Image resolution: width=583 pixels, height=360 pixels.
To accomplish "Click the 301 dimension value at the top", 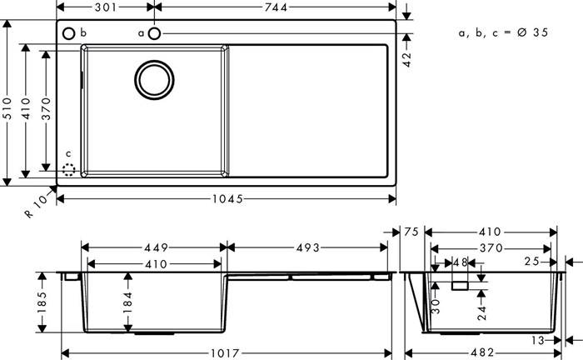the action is click(106, 7).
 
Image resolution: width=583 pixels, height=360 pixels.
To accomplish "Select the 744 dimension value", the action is click(276, 7).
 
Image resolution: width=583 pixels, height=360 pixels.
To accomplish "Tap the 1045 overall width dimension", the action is click(227, 199).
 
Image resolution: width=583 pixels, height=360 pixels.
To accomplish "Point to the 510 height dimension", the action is click(7, 108).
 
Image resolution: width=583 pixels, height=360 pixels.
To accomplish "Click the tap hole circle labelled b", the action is click(69, 33).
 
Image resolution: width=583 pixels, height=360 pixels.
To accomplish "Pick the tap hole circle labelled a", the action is click(154, 33).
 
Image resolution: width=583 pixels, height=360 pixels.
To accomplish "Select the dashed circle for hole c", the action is click(69, 170).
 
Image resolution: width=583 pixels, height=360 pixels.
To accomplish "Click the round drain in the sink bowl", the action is click(154, 80).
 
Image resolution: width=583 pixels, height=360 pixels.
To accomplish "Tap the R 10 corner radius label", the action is click(37, 205).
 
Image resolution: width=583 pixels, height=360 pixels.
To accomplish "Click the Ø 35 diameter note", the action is click(532, 32).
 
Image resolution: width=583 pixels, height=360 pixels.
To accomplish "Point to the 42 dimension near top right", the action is click(407, 59).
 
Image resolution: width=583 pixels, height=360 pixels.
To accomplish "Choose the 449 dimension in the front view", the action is click(157, 247).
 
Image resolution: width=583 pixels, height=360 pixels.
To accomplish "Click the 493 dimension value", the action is click(308, 247).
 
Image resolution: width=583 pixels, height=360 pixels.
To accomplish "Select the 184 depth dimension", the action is click(127, 302).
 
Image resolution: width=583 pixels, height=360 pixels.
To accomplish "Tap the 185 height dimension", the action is click(42, 302).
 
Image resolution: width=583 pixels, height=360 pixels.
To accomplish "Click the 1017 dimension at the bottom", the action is click(226, 353).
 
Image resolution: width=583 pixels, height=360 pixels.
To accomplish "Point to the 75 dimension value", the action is click(411, 232).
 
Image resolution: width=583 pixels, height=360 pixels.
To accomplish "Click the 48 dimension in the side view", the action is click(461, 262).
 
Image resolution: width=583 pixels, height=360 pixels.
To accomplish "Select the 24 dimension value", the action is click(482, 313).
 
